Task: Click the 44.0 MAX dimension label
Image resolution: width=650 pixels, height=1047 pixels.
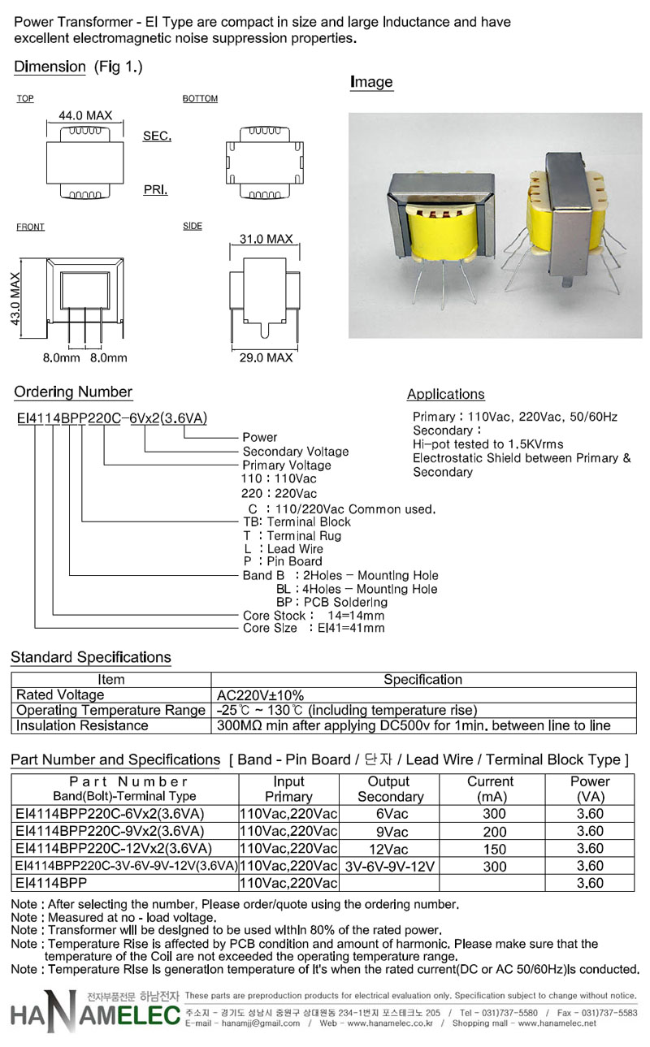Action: [x=85, y=116]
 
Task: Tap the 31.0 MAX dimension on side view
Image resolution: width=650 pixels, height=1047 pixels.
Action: [x=266, y=239]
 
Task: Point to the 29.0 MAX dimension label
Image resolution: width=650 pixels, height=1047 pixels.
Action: [x=266, y=357]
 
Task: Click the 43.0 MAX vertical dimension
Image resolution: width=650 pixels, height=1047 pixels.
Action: [x=15, y=300]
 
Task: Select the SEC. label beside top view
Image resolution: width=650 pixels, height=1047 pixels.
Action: [x=157, y=136]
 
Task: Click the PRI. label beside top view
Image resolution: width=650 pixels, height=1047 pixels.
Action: [x=155, y=189]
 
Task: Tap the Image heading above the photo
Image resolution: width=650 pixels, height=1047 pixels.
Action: [x=371, y=82]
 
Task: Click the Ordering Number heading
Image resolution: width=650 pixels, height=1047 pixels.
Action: [x=73, y=392]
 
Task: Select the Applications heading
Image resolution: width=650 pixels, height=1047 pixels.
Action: [x=445, y=395]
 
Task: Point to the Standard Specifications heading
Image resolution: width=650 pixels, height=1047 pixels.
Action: [x=91, y=657]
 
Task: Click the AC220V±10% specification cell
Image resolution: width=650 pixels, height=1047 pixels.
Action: [x=260, y=695]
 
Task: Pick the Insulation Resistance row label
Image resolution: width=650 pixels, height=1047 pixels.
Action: [x=82, y=725]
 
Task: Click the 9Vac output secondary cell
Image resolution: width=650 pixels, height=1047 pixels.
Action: [x=392, y=831]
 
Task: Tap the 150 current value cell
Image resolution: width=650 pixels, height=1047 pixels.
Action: [x=495, y=849]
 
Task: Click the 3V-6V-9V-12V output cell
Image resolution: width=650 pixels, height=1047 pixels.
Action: [x=391, y=867]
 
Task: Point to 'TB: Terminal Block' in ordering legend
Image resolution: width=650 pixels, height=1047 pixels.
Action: [x=297, y=521]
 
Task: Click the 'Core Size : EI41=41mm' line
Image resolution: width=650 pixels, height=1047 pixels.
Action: [x=314, y=628]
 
